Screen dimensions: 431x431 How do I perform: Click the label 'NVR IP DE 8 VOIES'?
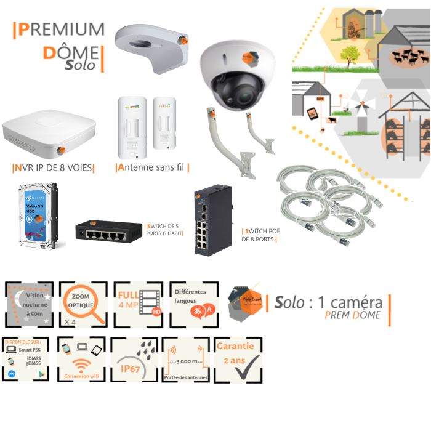tap(53, 167)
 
